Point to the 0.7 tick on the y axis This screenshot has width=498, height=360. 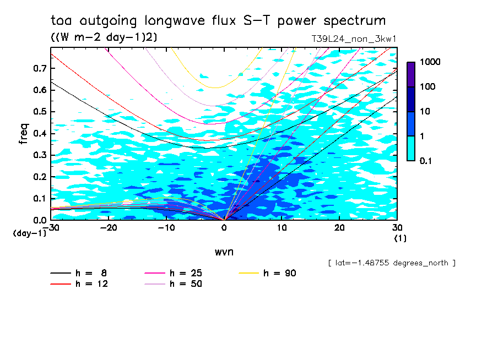pyautogui.click(x=40, y=68)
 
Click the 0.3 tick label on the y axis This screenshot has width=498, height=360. pyautogui.click(x=40, y=155)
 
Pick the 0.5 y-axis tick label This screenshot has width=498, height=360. pyautogui.click(x=40, y=112)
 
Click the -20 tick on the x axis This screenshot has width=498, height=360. pyautogui.click(x=109, y=227)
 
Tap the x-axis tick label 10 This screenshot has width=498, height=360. pyautogui.click(x=282, y=227)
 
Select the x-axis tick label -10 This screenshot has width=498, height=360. pyautogui.click(x=166, y=227)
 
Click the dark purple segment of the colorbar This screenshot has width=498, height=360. pyautogui.click(x=410, y=74)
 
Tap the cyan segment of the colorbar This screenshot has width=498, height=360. pyautogui.click(x=410, y=148)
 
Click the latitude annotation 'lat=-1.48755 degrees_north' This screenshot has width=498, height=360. pyautogui.click(x=391, y=263)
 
